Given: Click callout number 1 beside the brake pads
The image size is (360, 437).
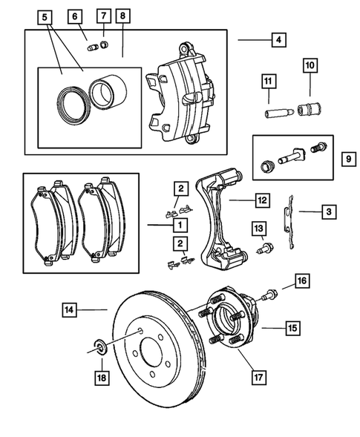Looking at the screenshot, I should (x=180, y=223).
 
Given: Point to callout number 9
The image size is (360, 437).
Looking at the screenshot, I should (x=347, y=158).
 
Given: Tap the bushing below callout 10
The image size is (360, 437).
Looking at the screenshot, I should (x=307, y=111).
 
